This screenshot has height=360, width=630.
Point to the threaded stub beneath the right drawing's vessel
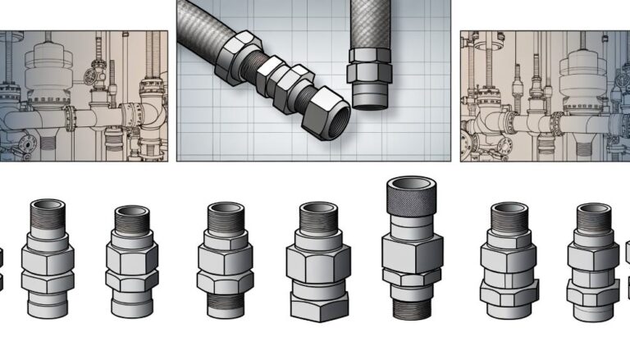[x=585, y=147]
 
